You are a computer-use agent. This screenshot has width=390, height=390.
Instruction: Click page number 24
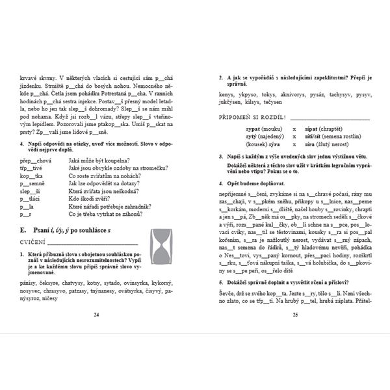(96, 314)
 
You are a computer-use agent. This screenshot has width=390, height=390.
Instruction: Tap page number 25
(294, 314)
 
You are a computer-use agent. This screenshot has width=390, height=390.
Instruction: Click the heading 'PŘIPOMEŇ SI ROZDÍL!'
(253, 117)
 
